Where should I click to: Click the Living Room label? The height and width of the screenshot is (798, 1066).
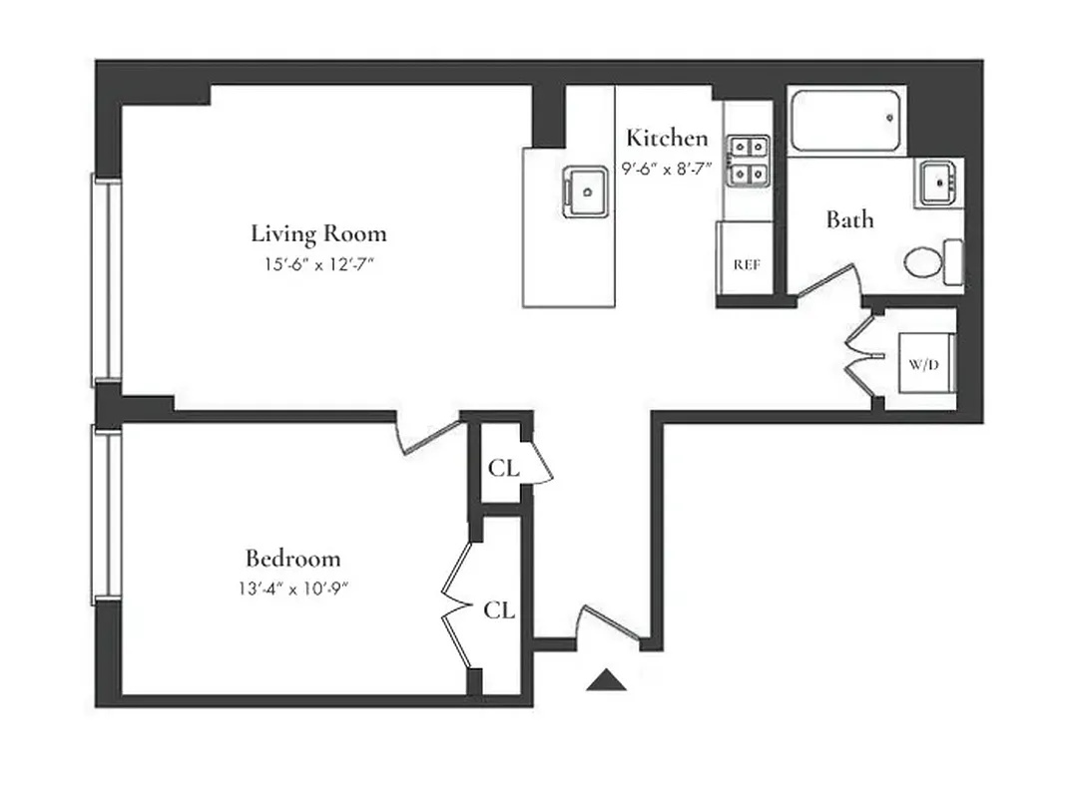tap(318, 234)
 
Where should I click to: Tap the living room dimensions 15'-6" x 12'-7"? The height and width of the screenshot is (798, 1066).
tap(318, 265)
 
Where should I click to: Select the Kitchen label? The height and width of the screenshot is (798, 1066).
tap(667, 139)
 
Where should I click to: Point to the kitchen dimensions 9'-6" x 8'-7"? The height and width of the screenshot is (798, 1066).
tap(667, 169)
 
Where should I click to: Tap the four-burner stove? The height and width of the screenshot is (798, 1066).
tap(748, 161)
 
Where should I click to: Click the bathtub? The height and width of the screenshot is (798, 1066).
tap(847, 120)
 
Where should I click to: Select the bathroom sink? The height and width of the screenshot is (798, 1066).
tap(939, 183)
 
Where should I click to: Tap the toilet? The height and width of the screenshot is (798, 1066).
tap(932, 263)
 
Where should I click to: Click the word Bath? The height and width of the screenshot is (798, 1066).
tap(849, 219)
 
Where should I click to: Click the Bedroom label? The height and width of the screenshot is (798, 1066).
tap(293, 559)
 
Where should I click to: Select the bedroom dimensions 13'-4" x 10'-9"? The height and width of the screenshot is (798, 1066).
tap(293, 588)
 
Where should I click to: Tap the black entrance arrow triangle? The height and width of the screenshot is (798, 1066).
tap(606, 680)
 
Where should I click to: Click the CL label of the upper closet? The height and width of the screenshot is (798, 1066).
tap(503, 467)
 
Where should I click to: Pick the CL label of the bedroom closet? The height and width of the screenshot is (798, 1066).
tap(499, 609)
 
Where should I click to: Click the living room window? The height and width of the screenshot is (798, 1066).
tap(107, 280)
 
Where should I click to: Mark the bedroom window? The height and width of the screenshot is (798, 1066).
tap(107, 514)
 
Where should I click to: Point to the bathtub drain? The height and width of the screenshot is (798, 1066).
tap(889, 118)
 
